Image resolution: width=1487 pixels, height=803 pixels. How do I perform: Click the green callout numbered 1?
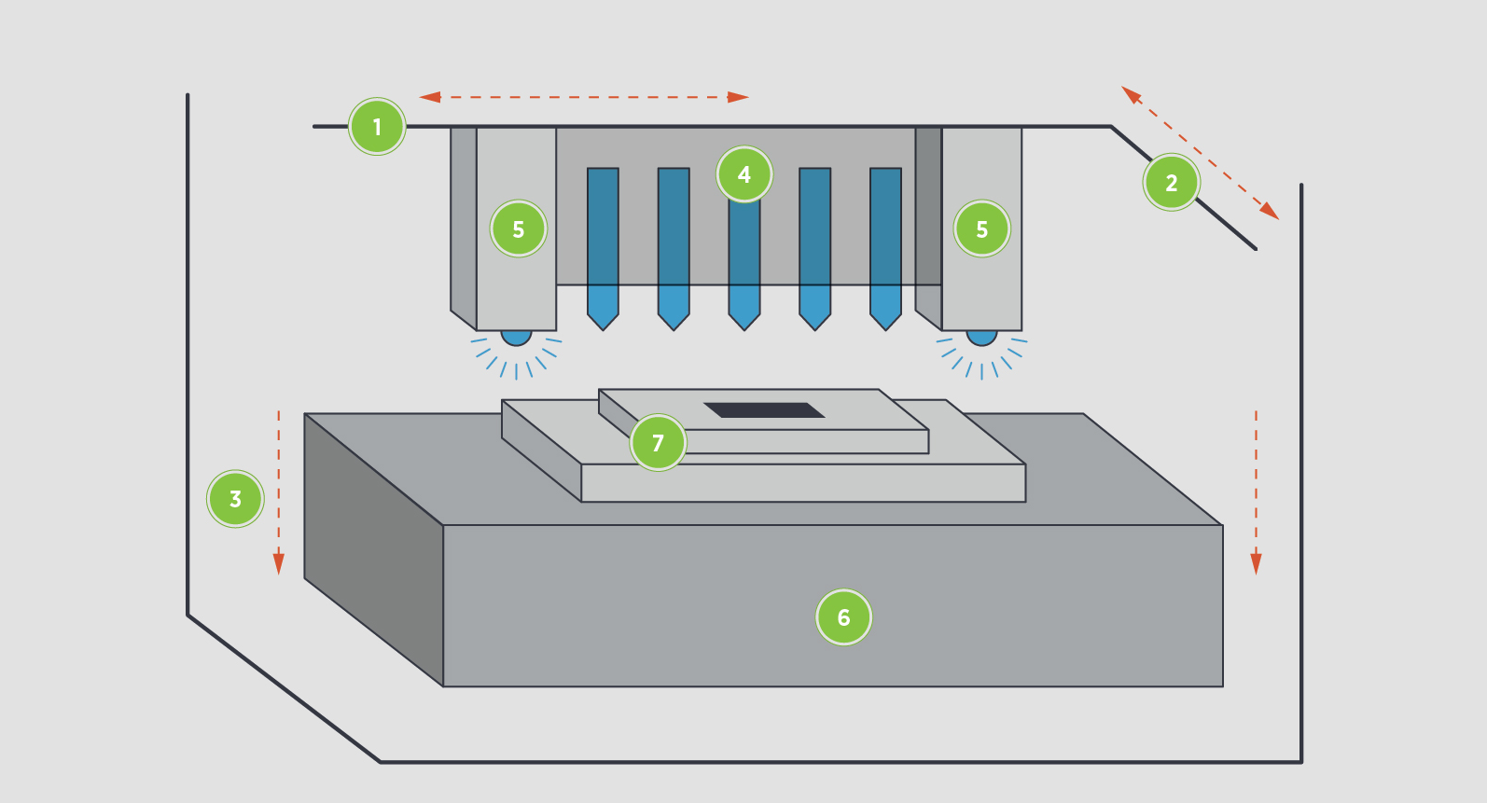[377, 127]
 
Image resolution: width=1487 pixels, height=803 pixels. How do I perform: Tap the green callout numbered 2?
[1171, 183]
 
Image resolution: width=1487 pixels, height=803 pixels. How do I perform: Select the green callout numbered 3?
[235, 499]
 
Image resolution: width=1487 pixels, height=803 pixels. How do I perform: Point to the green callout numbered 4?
[744, 174]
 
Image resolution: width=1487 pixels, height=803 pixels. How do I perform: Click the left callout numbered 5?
[518, 228]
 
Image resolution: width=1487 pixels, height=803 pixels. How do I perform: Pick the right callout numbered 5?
[981, 228]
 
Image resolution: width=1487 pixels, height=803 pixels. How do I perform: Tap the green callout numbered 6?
[843, 616]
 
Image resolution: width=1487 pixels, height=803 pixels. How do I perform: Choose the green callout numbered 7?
[658, 442]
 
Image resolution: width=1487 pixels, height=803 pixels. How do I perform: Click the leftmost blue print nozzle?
[603, 242]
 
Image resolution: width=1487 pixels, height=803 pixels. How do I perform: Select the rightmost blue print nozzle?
[885, 242]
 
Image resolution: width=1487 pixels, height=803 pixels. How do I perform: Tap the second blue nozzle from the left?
[674, 242]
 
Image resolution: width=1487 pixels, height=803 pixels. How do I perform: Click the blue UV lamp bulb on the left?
[516, 337]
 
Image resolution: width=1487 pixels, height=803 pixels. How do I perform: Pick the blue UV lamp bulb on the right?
[981, 337]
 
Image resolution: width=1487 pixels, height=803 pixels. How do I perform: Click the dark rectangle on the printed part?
[764, 410]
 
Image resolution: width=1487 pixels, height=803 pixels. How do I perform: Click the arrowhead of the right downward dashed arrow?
[1256, 563]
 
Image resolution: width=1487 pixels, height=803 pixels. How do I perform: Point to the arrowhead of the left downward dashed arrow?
[278, 563]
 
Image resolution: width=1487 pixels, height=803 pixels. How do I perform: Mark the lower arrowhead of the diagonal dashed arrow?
[1270, 212]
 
